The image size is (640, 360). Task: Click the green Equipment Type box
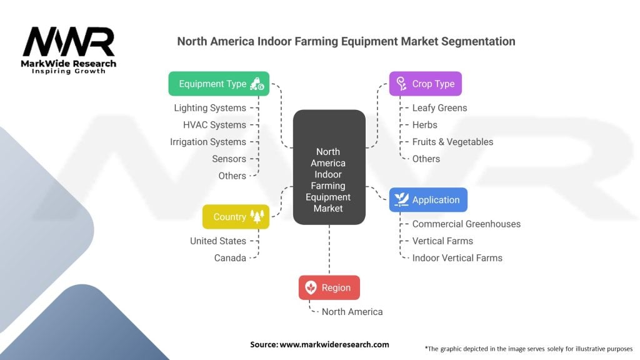click(x=219, y=84)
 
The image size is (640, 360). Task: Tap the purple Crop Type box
click(x=425, y=84)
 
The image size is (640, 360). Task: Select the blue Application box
click(x=428, y=199)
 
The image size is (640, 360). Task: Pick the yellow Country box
click(x=236, y=217)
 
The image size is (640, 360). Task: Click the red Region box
click(x=329, y=287)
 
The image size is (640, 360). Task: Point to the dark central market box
click(x=329, y=167)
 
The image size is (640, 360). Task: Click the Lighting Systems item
click(x=210, y=107)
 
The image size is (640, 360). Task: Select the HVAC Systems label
click(x=214, y=125)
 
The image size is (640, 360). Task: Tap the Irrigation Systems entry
click(x=208, y=142)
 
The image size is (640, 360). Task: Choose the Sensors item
click(x=229, y=159)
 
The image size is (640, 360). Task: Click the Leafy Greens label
click(x=439, y=107)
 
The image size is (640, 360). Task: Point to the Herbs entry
click(x=424, y=125)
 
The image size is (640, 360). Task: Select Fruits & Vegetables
click(x=452, y=142)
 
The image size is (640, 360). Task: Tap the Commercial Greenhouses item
click(x=466, y=224)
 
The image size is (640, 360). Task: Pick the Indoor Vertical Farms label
click(x=457, y=258)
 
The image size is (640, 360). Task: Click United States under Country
click(x=218, y=241)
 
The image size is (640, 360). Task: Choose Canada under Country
click(x=230, y=258)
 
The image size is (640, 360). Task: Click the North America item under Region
click(x=352, y=312)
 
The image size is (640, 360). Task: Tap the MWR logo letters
click(x=69, y=42)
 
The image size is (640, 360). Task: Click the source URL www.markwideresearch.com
click(x=334, y=344)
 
